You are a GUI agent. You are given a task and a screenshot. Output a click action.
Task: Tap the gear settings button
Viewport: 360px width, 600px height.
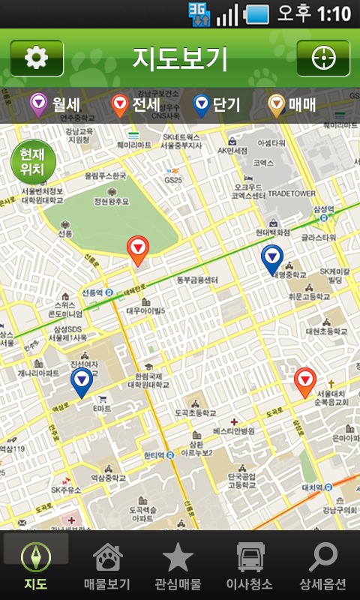click(37, 58)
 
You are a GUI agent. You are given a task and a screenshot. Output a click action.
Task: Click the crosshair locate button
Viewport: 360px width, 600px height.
click(323, 58)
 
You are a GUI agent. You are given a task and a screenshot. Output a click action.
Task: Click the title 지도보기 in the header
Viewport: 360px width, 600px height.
click(180, 58)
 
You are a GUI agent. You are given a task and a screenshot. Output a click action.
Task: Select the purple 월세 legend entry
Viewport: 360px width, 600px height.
click(55, 104)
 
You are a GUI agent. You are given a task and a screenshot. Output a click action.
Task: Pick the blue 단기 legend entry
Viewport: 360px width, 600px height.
click(217, 104)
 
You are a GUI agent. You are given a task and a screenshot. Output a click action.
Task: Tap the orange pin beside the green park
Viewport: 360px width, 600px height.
click(138, 250)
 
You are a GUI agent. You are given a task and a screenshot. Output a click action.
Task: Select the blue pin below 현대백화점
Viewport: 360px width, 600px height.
click(272, 259)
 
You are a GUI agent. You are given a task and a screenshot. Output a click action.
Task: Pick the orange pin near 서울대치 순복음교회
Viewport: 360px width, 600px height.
click(304, 382)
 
